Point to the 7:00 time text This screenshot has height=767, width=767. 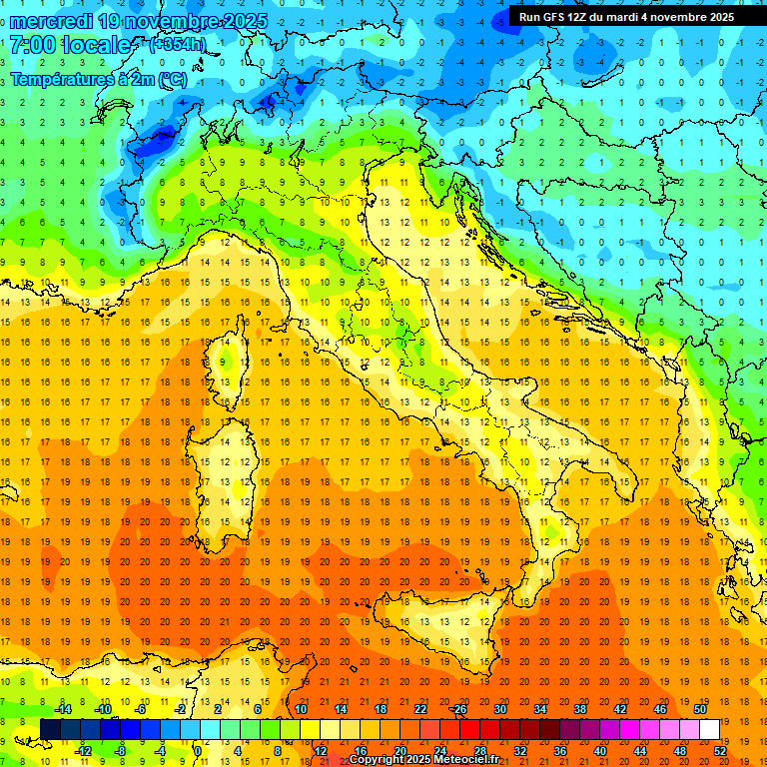pyautogui.click(x=32, y=45)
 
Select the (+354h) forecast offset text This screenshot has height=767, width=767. pyautogui.click(x=177, y=45)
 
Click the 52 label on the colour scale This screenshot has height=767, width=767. pyautogui.click(x=720, y=751)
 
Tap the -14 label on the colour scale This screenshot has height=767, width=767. pyautogui.click(x=62, y=709)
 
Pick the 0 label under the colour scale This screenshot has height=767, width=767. pyautogui.click(x=197, y=751)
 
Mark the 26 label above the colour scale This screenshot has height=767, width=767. pyautogui.click(x=458, y=709)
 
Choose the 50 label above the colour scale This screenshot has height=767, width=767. pyautogui.click(x=700, y=709)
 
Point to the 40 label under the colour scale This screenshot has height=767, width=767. pyautogui.click(x=600, y=751)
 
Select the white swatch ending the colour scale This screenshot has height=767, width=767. pyautogui.click(x=709, y=729)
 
